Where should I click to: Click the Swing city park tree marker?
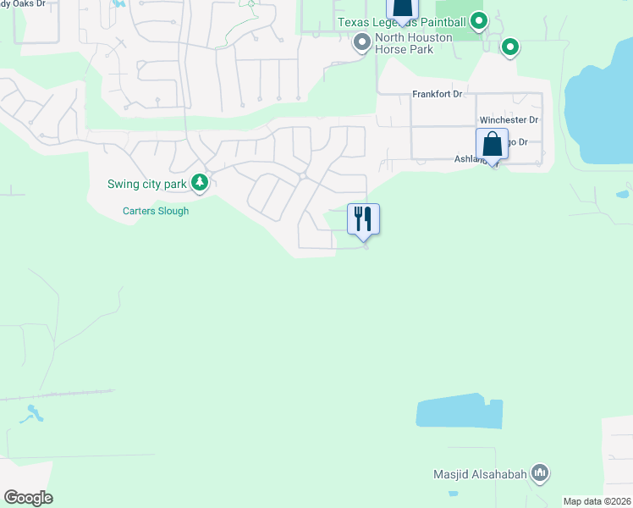point(200,181)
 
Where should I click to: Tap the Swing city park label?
point(147,184)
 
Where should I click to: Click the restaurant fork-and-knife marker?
point(364,219)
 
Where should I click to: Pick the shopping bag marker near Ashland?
point(492,144)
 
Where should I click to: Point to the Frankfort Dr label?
point(438,94)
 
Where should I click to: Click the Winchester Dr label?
point(509,120)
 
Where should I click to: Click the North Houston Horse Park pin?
point(362,41)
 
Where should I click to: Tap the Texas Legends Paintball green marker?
point(479,20)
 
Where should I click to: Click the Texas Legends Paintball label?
point(402,22)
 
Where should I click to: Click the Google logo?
point(28,498)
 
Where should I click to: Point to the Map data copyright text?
point(597,501)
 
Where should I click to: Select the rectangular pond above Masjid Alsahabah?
point(460,411)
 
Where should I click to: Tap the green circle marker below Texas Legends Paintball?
point(509,47)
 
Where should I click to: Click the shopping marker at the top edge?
point(403,7)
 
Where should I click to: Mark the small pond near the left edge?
point(35,414)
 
